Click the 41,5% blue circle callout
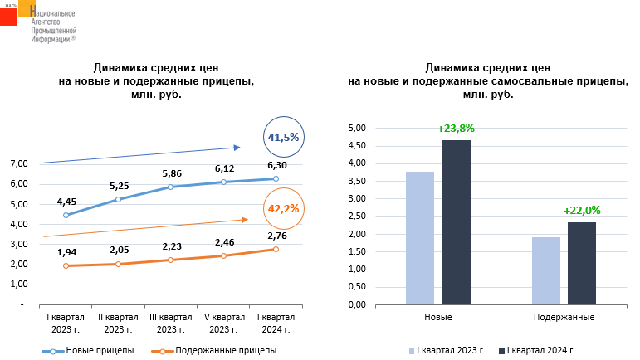(283, 137)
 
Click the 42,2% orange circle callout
(283, 209)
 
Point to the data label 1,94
(66, 251)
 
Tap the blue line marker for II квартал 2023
(119, 199)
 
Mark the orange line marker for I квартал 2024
(275, 249)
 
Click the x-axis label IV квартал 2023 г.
(222, 324)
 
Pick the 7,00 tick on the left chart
(18, 163)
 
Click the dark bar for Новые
(456, 222)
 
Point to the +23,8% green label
(456, 129)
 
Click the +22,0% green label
(581, 211)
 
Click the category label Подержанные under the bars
(564, 318)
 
